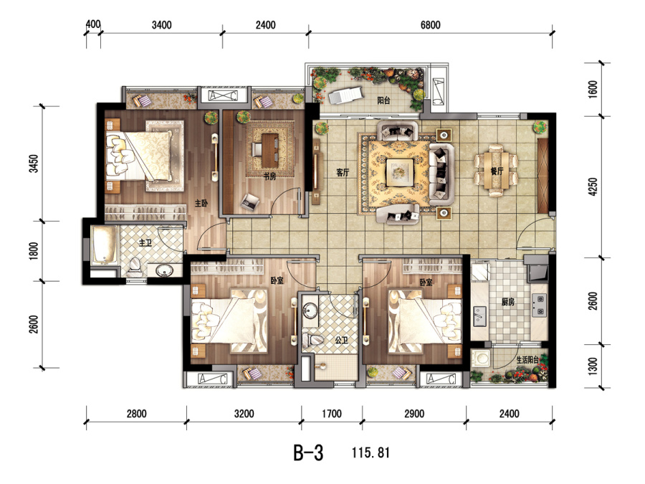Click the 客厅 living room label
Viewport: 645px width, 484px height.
tap(343, 173)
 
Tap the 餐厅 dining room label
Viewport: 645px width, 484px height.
tap(497, 171)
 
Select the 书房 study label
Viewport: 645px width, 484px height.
tap(269, 176)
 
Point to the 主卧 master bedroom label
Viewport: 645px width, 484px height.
tap(201, 203)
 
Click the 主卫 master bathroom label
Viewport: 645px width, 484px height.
tap(145, 243)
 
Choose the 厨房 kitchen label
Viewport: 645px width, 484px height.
tap(508, 302)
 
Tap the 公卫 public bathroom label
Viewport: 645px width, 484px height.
tap(341, 341)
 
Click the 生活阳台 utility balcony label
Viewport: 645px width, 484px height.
tap(527, 360)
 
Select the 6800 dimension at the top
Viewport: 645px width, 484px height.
tap(430, 25)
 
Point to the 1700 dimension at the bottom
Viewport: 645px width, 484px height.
tap(332, 414)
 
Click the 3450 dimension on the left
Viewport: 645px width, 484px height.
tap(34, 163)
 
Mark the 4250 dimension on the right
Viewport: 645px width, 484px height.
tap(593, 186)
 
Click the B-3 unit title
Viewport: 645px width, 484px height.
tap(308, 452)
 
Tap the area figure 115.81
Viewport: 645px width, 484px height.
tap(371, 452)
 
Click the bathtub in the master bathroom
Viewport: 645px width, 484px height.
tap(104, 245)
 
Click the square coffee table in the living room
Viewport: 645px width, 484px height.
tap(399, 171)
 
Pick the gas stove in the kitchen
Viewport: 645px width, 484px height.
tap(539, 305)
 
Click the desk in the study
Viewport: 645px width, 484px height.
tap(269, 151)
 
